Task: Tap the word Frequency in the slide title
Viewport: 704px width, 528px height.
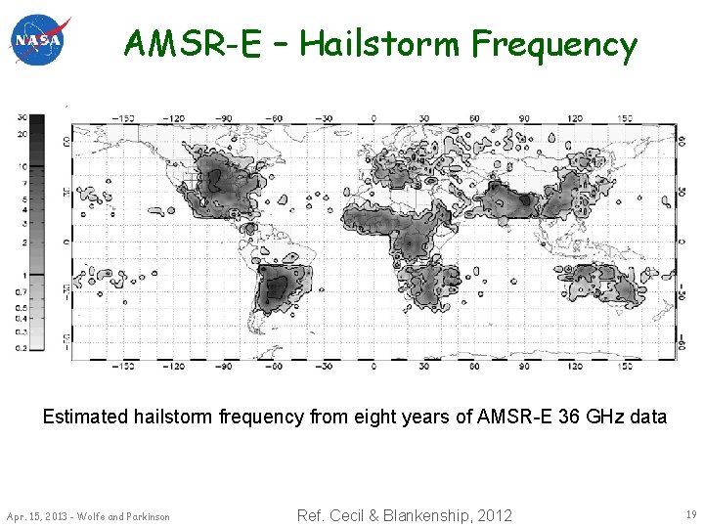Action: (x=553, y=44)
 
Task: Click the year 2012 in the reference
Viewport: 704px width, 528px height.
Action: (x=492, y=515)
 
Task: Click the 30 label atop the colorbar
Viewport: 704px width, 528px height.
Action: (x=22, y=117)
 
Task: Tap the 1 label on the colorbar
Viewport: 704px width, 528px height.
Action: (x=23, y=276)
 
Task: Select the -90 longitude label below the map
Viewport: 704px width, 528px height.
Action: (x=225, y=368)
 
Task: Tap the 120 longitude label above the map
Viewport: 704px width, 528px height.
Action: (x=575, y=118)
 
